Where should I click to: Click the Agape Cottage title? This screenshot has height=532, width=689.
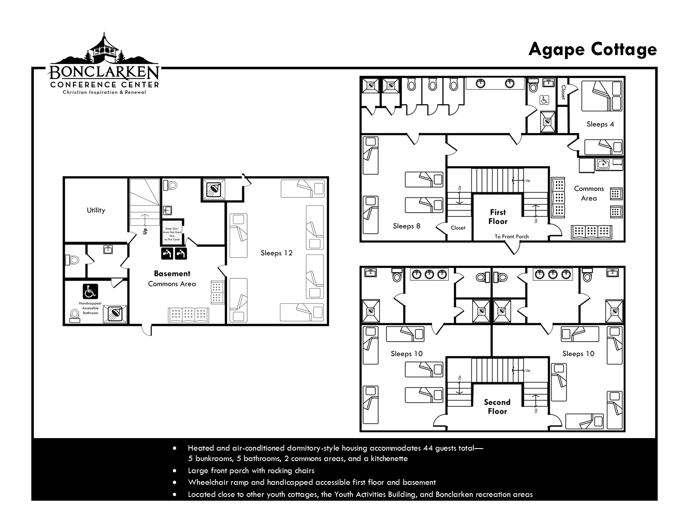click(592, 50)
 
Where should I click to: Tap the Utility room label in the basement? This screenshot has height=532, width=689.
click(96, 210)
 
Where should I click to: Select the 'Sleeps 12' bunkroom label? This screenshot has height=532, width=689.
click(276, 253)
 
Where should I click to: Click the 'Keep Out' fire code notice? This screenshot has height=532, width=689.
click(172, 234)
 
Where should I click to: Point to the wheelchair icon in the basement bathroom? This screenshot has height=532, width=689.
click(90, 292)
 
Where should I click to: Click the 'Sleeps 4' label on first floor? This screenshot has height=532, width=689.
click(600, 124)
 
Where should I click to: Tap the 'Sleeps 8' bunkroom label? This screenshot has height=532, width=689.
click(406, 226)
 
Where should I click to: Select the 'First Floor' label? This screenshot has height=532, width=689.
click(498, 217)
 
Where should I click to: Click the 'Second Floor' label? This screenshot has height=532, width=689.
click(497, 406)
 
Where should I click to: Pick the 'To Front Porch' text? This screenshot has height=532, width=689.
click(512, 236)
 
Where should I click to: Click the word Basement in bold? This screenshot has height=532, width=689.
click(172, 273)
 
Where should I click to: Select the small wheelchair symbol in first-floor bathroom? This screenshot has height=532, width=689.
click(545, 100)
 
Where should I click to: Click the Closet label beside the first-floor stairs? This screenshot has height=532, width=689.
click(458, 228)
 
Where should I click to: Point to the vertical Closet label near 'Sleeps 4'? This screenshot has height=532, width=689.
click(563, 92)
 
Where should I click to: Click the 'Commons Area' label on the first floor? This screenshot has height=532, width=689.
click(589, 193)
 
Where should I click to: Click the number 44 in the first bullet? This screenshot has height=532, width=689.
click(428, 448)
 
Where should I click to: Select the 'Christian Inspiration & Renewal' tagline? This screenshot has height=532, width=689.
click(104, 92)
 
